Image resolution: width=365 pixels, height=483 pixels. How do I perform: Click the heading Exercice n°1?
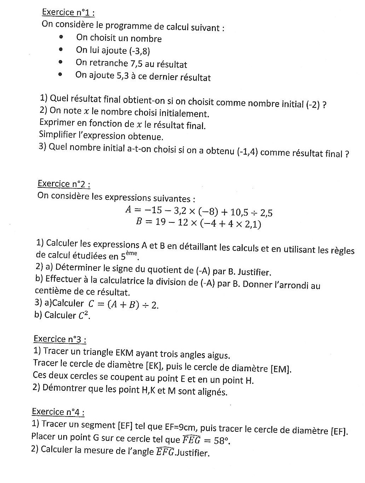coord(68,12)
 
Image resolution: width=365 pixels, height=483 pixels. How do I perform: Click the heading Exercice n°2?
coord(64,184)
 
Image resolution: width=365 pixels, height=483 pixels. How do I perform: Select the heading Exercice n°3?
coord(60,339)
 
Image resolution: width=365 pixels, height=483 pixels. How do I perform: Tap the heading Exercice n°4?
coord(58,412)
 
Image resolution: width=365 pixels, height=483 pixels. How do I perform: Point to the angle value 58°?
coord(221,441)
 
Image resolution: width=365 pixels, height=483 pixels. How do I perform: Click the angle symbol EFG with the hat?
coord(165,452)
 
